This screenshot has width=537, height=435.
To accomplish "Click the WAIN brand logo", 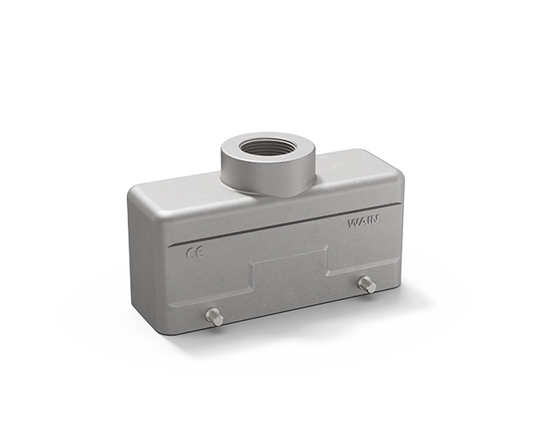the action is [x=364, y=221].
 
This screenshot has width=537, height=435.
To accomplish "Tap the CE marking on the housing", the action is [x=195, y=253].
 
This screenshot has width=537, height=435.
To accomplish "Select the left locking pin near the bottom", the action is [x=214, y=317].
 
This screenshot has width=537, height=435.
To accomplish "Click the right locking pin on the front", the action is [x=367, y=284].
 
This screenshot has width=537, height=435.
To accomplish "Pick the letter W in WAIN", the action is [x=353, y=223].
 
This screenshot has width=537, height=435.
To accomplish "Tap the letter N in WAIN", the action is [x=375, y=219].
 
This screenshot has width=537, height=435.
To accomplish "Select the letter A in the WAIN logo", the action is [x=362, y=222].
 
